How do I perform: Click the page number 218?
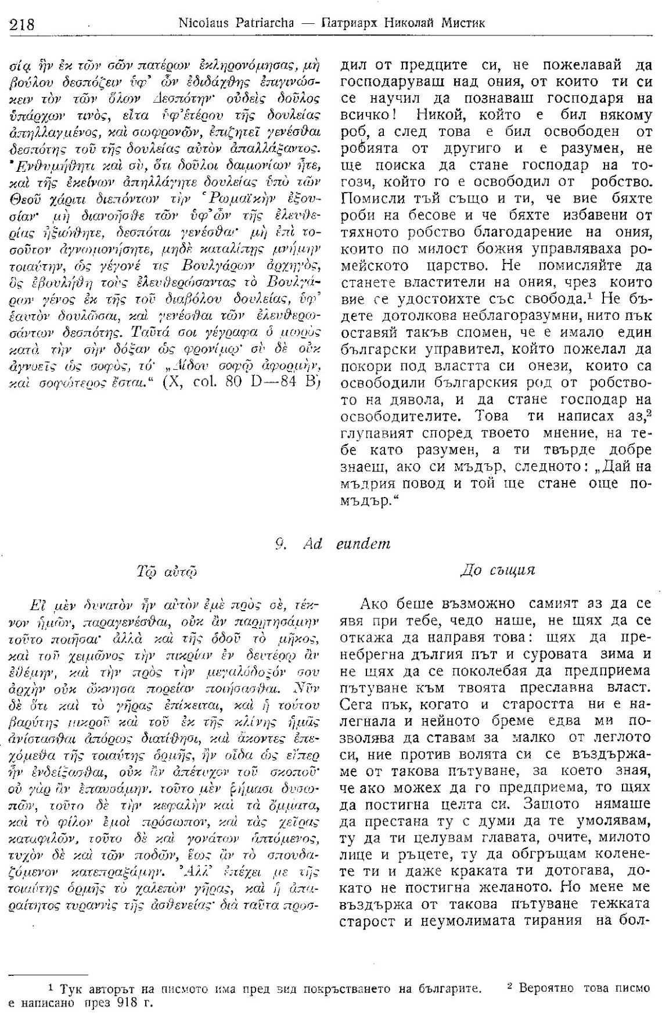coord(21,24)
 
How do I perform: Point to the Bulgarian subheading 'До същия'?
coord(496,570)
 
